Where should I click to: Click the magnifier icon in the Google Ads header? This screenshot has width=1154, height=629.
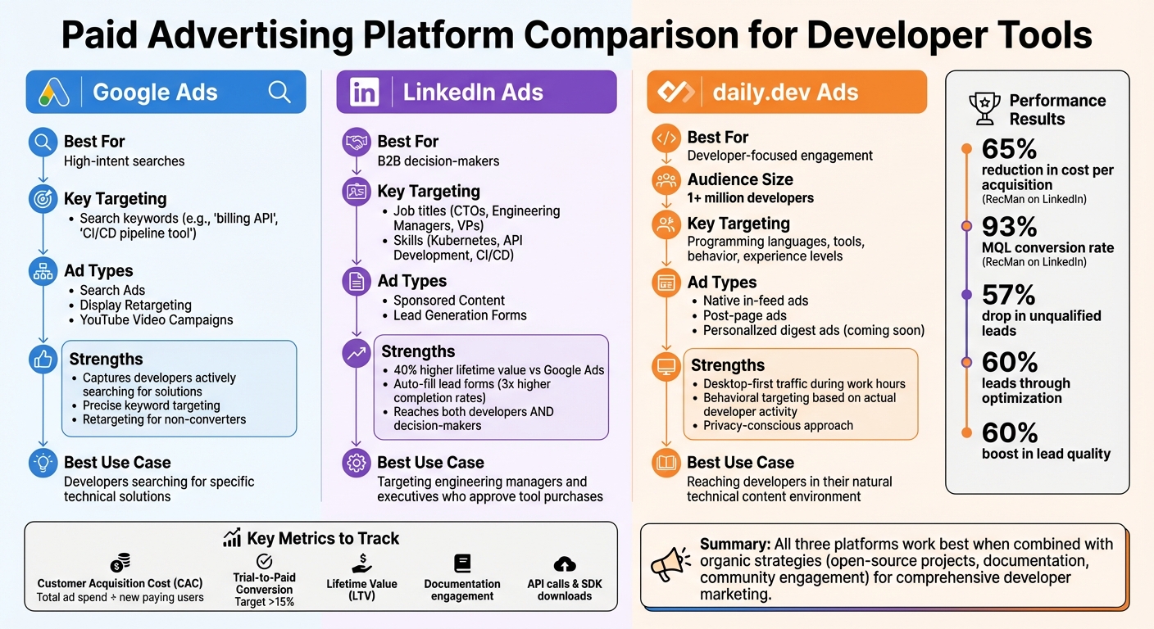click(279, 92)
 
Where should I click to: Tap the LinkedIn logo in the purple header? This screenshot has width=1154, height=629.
click(364, 92)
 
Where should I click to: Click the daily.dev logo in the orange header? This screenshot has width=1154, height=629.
click(676, 92)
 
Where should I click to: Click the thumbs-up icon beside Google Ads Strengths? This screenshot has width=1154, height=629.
click(43, 359)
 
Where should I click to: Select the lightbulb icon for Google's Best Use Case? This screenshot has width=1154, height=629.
click(43, 463)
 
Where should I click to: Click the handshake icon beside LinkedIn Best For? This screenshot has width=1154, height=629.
click(356, 142)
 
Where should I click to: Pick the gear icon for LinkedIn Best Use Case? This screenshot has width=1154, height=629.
click(356, 463)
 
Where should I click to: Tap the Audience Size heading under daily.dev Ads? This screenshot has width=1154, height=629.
click(740, 179)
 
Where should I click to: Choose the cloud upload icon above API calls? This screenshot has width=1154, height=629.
click(565, 563)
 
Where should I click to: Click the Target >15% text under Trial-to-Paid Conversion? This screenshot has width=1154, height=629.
click(264, 602)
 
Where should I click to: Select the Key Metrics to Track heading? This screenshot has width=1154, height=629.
click(323, 538)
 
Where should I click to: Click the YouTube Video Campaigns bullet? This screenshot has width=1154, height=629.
click(156, 320)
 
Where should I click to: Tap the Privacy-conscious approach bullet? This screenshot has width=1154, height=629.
click(778, 426)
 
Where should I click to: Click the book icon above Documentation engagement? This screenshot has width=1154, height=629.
click(462, 563)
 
